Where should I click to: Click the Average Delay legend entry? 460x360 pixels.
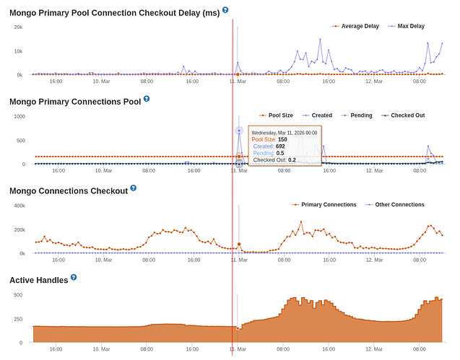tap(359, 26)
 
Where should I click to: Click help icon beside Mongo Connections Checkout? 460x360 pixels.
tap(133, 188)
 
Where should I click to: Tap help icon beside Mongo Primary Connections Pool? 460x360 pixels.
tap(147, 99)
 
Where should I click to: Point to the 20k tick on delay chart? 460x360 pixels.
tap(19, 27)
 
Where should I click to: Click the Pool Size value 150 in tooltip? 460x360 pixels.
tap(282, 139)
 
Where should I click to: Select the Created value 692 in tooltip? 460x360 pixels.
tap(280, 146)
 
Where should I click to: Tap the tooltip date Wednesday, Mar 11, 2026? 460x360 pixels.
tap(284, 133)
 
